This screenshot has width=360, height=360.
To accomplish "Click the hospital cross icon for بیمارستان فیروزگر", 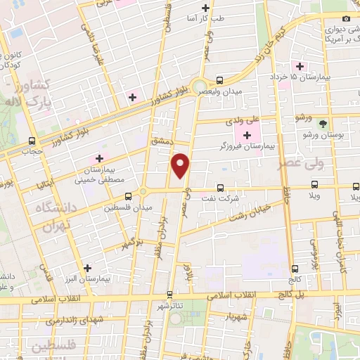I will click(247, 135).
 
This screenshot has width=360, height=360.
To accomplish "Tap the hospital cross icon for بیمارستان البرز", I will click(87, 268).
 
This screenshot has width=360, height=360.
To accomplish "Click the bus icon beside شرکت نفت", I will click(221, 188).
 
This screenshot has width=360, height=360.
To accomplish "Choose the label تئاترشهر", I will click(171, 307).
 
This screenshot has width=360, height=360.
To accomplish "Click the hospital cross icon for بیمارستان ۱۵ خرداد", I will click(300, 67).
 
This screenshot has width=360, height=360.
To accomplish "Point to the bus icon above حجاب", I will click(32, 141).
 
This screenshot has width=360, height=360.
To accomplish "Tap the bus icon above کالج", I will click(294, 268).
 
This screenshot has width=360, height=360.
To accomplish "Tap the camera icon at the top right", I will click(345, 19).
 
